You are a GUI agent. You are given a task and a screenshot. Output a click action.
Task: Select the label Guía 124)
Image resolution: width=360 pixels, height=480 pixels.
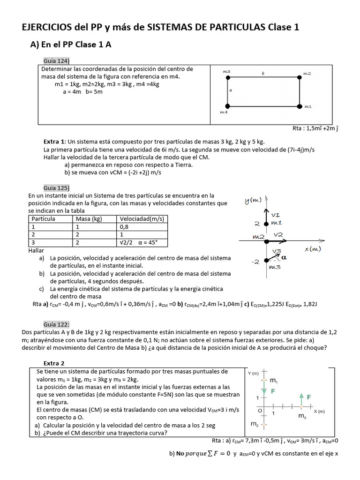[56, 60]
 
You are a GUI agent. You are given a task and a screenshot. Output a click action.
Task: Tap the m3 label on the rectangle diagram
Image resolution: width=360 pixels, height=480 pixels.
[226, 71]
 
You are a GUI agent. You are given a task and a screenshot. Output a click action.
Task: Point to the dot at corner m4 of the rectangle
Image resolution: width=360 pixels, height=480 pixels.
[228, 105]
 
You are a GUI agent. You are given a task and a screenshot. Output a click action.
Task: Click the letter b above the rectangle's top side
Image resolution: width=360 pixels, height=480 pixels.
[263, 73]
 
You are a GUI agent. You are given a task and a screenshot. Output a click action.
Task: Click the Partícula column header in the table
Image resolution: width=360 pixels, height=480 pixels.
[43, 219]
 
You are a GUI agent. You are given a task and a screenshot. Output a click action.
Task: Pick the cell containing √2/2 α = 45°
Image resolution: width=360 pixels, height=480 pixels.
[139, 242]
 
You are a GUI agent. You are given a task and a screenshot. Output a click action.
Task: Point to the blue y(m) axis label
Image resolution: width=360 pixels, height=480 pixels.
[253, 201]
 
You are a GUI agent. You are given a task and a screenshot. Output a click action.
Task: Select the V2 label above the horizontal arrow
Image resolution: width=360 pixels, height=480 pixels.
[278, 234]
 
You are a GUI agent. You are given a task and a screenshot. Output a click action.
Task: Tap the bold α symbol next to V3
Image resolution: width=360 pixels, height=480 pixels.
[284, 257]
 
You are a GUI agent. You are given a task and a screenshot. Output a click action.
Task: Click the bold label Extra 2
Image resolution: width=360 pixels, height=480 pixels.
[54, 363]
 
